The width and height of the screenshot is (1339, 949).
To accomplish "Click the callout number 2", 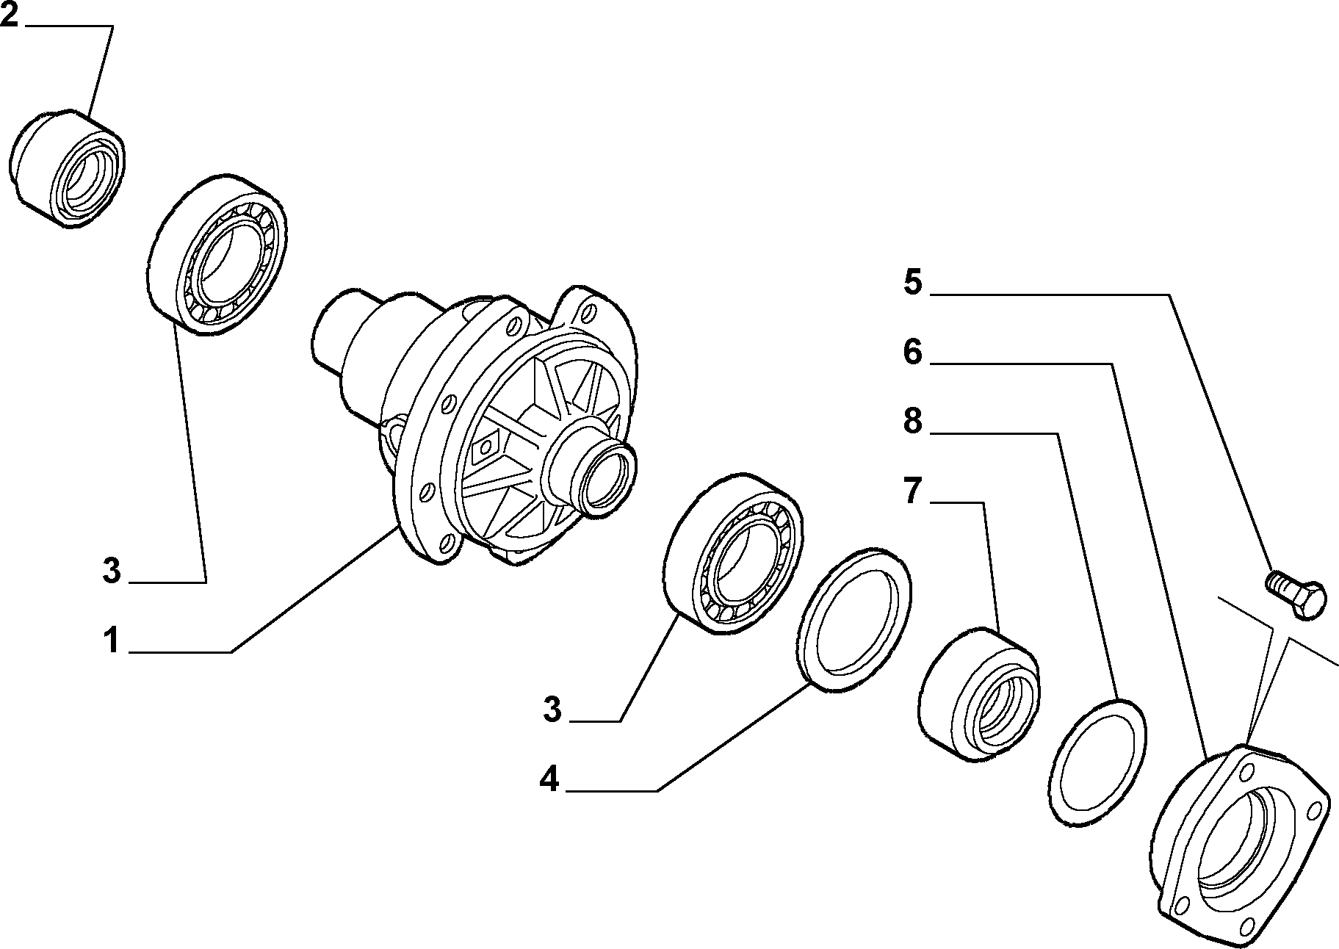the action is (9, 15).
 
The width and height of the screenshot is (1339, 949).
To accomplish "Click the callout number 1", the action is (111, 641).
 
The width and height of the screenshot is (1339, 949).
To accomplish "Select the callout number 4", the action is (549, 779).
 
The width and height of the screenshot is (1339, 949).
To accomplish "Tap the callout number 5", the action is (913, 283).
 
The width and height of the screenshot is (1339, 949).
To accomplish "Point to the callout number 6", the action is (913, 353).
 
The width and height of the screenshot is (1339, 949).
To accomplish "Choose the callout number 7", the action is (913, 491).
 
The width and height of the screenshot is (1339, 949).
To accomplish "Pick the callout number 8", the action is (913, 422).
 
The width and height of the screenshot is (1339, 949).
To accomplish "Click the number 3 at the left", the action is (111, 571).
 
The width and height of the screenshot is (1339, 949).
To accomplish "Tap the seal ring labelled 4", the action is (854, 619).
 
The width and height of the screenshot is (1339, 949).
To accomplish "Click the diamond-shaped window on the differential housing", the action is (485, 447).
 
